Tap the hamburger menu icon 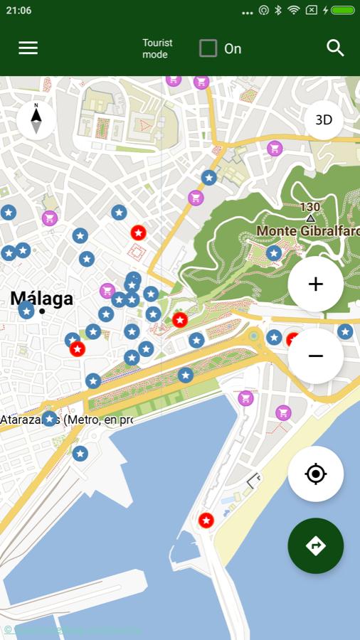28,48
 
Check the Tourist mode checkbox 208,48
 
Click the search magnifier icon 335,48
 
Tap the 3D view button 324,120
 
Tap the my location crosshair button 316,474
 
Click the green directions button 316,545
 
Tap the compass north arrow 36,119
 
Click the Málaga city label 41,298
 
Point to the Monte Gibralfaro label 308,231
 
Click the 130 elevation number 309,207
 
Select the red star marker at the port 206,521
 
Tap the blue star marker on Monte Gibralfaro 274,252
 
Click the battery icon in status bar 342,11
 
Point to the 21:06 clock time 18,11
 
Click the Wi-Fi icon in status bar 293,11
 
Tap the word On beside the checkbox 233,48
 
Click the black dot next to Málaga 43,311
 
